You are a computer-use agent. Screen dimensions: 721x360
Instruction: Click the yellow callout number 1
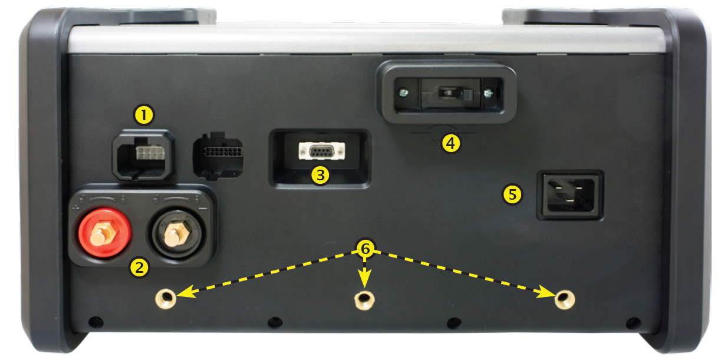[144, 115]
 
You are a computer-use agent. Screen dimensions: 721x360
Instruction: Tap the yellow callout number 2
[139, 267]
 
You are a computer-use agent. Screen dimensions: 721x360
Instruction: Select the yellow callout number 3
[320, 176]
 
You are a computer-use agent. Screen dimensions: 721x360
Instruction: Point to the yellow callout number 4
[450, 143]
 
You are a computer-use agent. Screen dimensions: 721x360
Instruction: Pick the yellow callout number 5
[512, 194]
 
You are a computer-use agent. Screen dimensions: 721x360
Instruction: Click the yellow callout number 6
[365, 249]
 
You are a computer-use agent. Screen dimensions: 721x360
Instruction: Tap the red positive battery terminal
[105, 233]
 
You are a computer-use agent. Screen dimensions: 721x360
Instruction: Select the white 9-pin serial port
[321, 151]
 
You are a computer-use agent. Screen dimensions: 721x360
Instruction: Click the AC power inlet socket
[570, 195]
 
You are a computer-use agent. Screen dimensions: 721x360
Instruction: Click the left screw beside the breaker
[403, 93]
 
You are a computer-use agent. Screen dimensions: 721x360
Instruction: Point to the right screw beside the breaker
[488, 93]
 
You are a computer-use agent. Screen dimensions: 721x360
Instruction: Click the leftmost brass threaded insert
[166, 299]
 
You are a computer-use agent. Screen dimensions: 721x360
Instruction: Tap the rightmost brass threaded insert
[565, 299]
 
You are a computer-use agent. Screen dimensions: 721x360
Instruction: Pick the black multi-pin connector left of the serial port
[218, 155]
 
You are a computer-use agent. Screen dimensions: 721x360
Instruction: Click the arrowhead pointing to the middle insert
[364, 279]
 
